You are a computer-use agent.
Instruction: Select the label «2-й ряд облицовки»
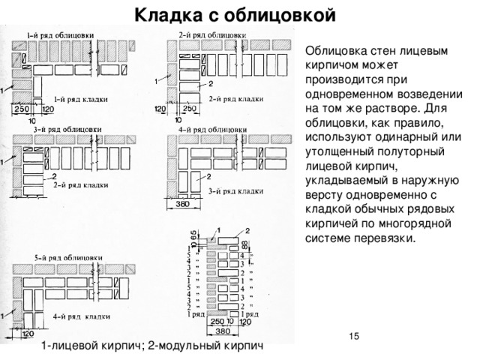(210, 34)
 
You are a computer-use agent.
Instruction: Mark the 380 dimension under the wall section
(223, 329)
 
